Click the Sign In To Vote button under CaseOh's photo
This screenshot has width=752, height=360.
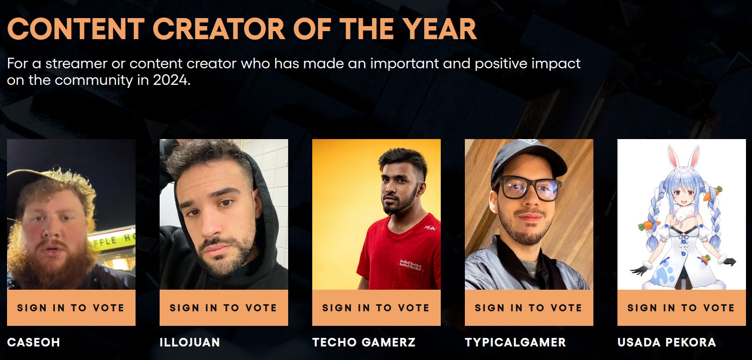71,308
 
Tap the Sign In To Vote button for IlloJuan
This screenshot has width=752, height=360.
223,308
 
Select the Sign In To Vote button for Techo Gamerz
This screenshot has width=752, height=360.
377,308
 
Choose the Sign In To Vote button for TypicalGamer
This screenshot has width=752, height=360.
529,308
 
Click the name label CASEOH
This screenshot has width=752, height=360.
34,342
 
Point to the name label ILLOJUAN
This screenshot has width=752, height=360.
190,342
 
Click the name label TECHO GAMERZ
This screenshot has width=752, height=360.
364,342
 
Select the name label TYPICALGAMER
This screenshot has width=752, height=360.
516,342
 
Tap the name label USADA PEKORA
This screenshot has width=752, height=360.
667,342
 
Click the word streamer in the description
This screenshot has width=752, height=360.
76,63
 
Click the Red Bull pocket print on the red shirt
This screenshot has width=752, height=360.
410,265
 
